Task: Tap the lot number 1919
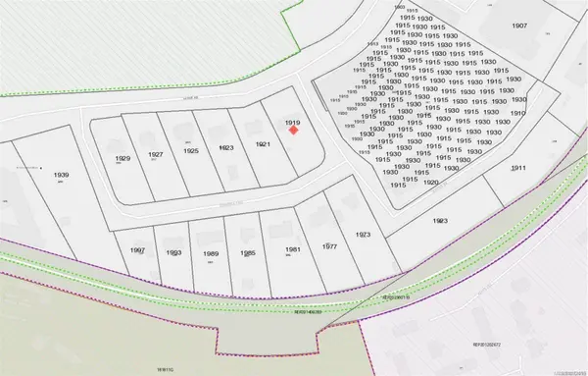[292, 123]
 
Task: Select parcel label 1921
[262, 144]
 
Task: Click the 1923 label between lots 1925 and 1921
[226, 147]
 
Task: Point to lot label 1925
[191, 150]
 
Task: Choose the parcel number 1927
[156, 155]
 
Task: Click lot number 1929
[122, 158]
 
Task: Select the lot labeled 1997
[137, 250]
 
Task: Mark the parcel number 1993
[174, 253]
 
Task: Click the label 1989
[211, 254]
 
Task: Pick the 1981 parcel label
[293, 249]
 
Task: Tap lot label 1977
[329, 246]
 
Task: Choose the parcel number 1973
[363, 236]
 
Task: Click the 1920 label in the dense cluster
[431, 183]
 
